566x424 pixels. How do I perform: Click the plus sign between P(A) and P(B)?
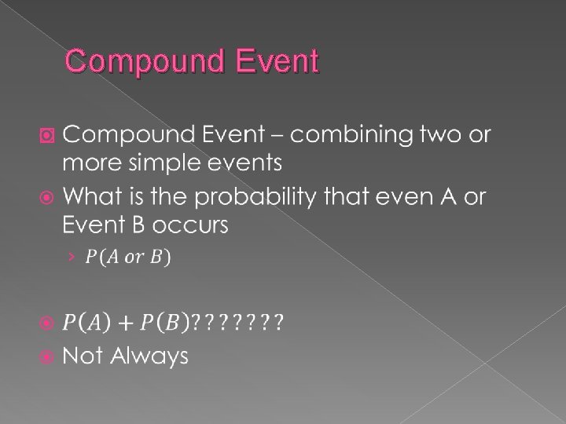(126, 322)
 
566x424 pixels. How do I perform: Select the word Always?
(149, 356)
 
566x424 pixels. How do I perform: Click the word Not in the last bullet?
(83, 356)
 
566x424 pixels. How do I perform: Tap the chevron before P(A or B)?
(70, 257)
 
